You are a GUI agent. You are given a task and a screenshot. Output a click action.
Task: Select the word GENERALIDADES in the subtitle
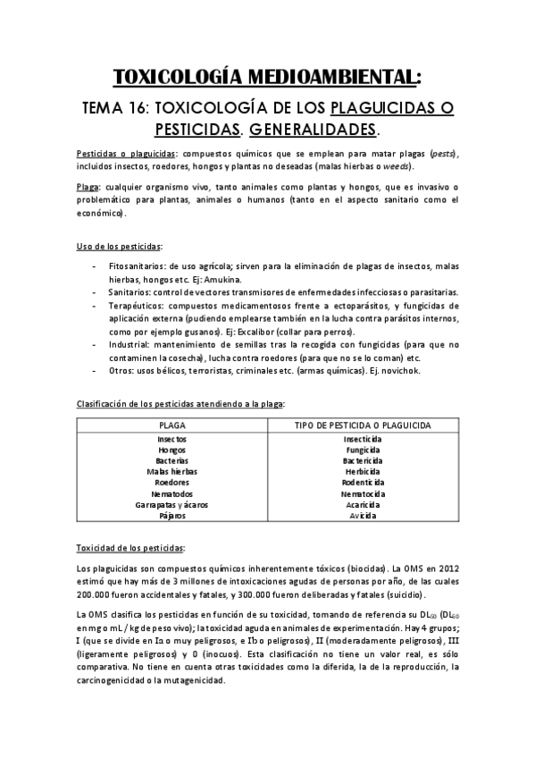[312, 130]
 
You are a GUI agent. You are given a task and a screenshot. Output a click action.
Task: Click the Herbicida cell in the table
[363, 472]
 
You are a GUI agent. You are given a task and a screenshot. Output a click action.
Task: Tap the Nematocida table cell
[363, 493]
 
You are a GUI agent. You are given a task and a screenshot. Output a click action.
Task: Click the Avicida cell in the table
[363, 515]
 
